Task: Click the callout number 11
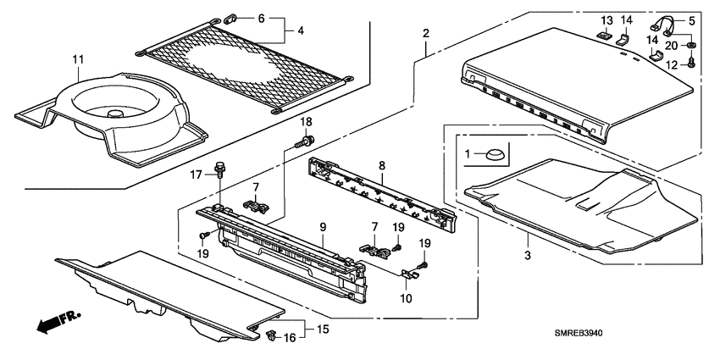tap(78, 59)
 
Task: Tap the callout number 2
tap(425, 33)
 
